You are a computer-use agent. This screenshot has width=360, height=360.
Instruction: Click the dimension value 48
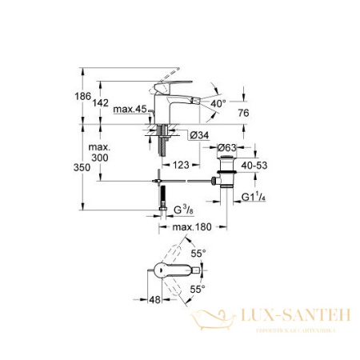click(156, 301)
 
